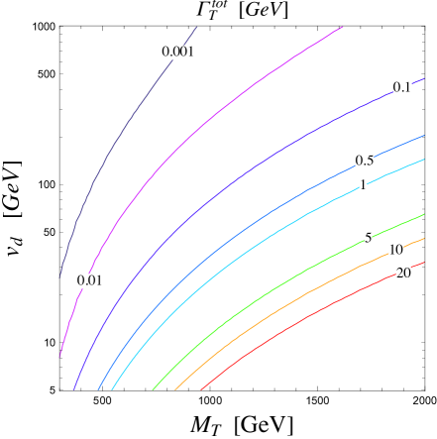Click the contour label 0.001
click(x=178, y=52)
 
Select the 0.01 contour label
click(x=90, y=280)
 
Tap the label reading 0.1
click(x=401, y=87)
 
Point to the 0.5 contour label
click(x=365, y=161)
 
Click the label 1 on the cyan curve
click(x=363, y=185)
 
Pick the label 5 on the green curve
click(x=368, y=239)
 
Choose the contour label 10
click(x=395, y=250)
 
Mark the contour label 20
click(x=403, y=274)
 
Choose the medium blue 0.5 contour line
click(x=248, y=224)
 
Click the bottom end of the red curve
click(x=201, y=389)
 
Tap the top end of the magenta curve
click(x=343, y=27)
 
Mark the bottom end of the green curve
click(x=154, y=389)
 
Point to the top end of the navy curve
click(x=197, y=27)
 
